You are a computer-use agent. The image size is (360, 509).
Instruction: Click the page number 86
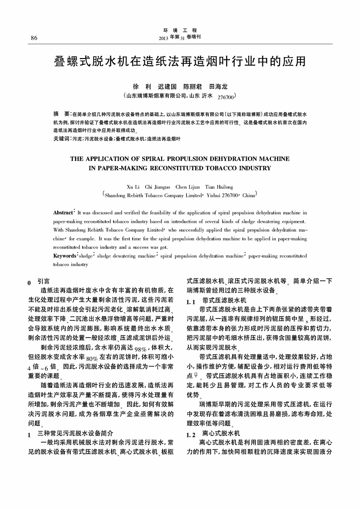34,38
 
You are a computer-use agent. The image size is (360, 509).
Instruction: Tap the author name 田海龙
218,86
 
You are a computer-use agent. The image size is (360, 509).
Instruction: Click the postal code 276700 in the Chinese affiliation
226,97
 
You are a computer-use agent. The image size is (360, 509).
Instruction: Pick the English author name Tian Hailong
219,187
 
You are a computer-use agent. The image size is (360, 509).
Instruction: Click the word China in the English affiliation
249,196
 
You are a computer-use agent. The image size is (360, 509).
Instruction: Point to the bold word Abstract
63,212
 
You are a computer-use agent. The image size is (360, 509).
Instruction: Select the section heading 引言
44,281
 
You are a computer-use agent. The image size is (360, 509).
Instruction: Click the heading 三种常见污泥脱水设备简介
74,433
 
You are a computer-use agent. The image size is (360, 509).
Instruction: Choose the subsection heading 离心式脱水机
221,433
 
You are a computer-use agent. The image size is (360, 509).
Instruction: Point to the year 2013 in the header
164,38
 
